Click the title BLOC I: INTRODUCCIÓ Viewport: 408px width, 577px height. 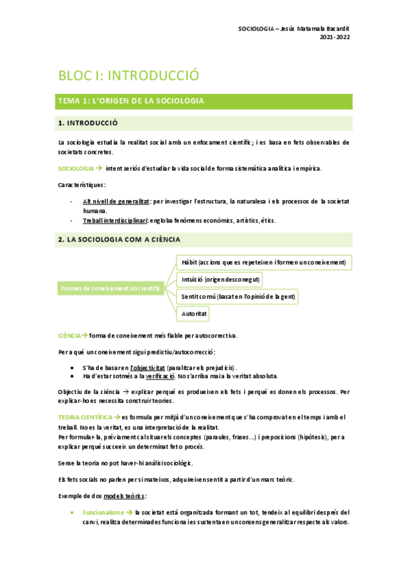(x=128, y=75)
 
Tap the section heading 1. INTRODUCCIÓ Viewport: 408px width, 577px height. (x=89, y=123)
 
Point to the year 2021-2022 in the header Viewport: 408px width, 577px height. (x=335, y=37)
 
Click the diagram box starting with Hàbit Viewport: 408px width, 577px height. (x=263, y=262)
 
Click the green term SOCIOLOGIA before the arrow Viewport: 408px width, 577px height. (x=76, y=168)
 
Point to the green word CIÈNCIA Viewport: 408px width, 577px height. (x=69, y=335)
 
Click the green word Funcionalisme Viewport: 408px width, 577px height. (x=103, y=512)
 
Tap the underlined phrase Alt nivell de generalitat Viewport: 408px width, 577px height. (x=116, y=202)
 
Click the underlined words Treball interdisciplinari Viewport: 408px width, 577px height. (x=115, y=220)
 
